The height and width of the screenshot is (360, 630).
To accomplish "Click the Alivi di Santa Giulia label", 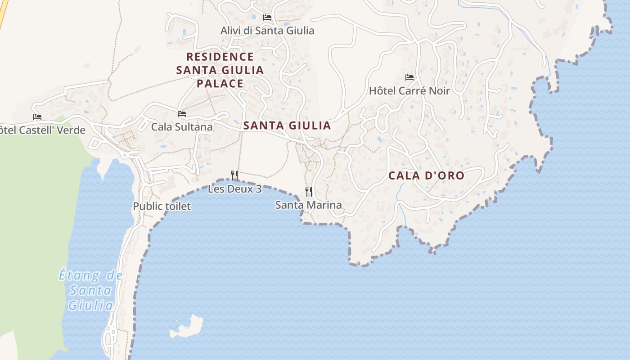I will pyautogui.click(x=267, y=31).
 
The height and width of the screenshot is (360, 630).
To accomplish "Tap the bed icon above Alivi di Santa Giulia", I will pyautogui.click(x=267, y=18).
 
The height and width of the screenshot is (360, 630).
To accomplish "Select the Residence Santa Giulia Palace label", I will pyautogui.click(x=220, y=70).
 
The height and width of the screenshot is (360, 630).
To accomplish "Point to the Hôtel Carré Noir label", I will pyautogui.click(x=409, y=90).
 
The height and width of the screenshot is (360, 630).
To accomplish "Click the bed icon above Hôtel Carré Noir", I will pyautogui.click(x=409, y=77).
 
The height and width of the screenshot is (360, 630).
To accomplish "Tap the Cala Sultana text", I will pyautogui.click(x=181, y=127).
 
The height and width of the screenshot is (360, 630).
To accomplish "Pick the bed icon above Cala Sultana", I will pyautogui.click(x=182, y=114).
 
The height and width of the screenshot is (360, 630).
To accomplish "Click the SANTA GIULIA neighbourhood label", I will pyautogui.click(x=287, y=126).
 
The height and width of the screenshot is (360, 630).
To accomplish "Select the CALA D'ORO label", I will pyautogui.click(x=426, y=175).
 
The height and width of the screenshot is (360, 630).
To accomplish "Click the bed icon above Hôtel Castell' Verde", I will pyautogui.click(x=37, y=117).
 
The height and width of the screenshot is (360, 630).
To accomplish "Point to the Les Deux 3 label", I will pyautogui.click(x=234, y=189).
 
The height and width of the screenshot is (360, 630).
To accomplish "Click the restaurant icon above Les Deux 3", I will pyautogui.click(x=234, y=175).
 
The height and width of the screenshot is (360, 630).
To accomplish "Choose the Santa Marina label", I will pyautogui.click(x=308, y=205).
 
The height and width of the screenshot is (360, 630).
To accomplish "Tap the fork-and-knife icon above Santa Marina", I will pyautogui.click(x=309, y=192).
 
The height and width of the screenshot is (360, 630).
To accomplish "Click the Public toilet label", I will pyautogui.click(x=162, y=206).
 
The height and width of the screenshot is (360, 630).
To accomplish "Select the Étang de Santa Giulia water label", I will pyautogui.click(x=90, y=290).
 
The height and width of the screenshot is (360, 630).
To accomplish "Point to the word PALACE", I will pyautogui.click(x=220, y=83).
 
